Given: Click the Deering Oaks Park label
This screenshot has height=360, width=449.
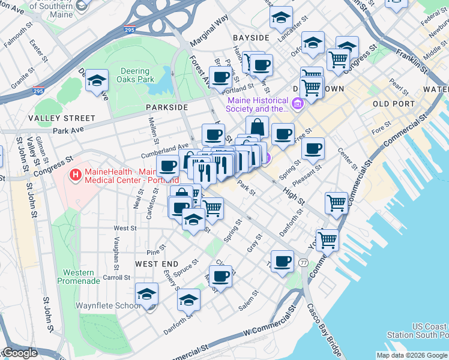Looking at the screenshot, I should [137, 75].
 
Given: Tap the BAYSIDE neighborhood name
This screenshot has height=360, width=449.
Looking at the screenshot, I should [251, 38].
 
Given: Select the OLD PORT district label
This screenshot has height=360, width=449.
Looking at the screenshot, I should [394, 104].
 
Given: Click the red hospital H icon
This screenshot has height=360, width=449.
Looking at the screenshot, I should [76, 175].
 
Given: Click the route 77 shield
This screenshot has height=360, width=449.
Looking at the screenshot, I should [304, 263].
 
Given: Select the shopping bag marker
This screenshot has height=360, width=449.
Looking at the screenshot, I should [257, 127].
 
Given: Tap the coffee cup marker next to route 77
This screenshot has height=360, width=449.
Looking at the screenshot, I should [282, 262].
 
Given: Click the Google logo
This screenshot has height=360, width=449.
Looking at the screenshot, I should [19, 353].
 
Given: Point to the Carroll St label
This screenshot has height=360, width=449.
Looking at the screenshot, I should [116, 278].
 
